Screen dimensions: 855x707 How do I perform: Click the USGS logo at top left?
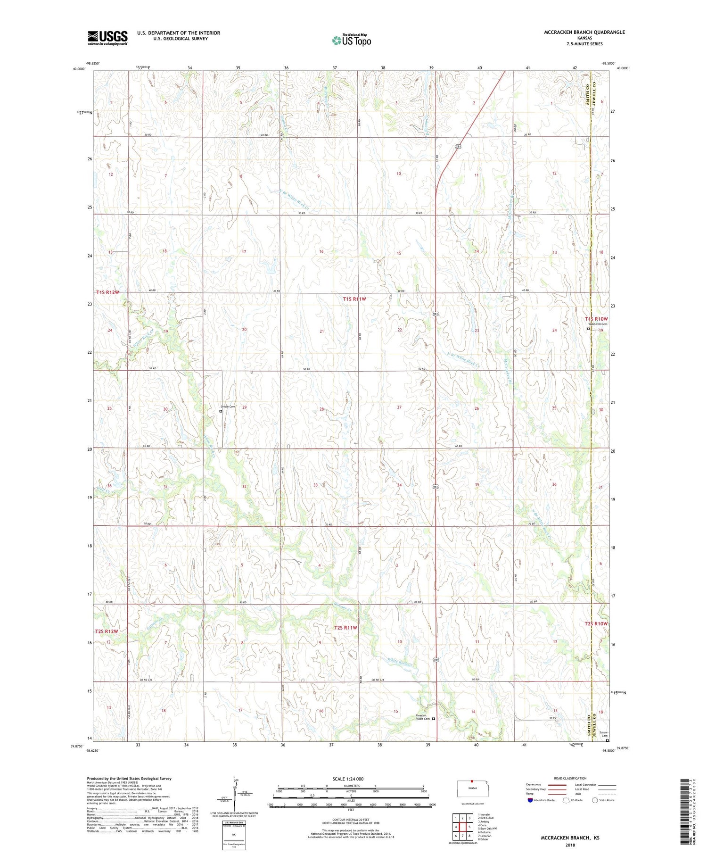[x=107, y=38]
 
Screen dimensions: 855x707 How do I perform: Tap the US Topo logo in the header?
[x=351, y=41]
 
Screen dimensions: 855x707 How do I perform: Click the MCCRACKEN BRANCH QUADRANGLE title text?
[x=584, y=32]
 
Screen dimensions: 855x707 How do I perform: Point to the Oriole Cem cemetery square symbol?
[x=221, y=411]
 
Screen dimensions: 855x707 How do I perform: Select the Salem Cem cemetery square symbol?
[x=607, y=740]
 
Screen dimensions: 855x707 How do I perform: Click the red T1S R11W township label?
[x=354, y=299]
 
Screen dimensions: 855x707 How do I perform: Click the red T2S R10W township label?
[x=596, y=623]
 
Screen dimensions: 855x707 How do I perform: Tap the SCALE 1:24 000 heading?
[x=348, y=779]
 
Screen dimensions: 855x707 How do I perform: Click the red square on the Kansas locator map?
[x=471, y=780]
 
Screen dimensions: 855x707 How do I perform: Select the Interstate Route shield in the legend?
[x=530, y=800]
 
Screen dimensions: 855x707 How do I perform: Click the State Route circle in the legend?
[x=595, y=800]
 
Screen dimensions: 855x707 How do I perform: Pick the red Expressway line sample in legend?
[x=557, y=785]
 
